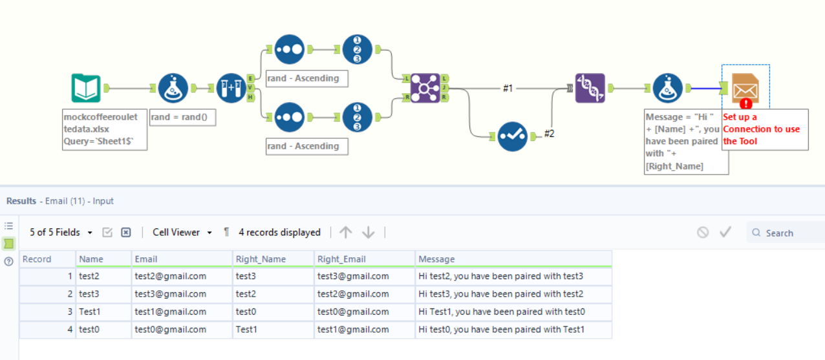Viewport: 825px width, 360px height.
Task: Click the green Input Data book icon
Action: click(86, 89)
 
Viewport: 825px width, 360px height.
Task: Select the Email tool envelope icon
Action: click(745, 89)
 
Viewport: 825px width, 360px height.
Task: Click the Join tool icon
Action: click(425, 88)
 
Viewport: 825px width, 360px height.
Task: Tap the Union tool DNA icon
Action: click(590, 89)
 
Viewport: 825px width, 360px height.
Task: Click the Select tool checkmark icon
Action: click(513, 136)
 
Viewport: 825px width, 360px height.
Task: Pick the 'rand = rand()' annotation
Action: click(182, 118)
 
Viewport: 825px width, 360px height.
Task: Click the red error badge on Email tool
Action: click(745, 103)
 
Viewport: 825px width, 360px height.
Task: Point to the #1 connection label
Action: click(508, 89)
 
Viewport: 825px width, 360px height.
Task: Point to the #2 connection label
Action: click(549, 134)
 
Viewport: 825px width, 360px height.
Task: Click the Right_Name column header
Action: click(261, 259)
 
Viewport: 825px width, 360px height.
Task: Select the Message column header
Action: click(436, 259)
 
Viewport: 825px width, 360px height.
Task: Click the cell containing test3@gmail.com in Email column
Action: click(170, 294)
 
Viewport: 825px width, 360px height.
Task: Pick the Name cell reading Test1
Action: click(90, 312)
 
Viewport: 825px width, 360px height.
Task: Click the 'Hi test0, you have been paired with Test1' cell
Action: click(501, 330)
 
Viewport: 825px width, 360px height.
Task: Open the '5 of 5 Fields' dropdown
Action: click(61, 232)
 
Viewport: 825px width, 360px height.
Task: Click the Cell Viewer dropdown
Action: click(182, 232)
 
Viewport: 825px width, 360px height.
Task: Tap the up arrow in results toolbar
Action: click(346, 232)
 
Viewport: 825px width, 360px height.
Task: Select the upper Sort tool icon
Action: click(289, 50)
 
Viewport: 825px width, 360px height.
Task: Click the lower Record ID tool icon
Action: click(357, 118)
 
